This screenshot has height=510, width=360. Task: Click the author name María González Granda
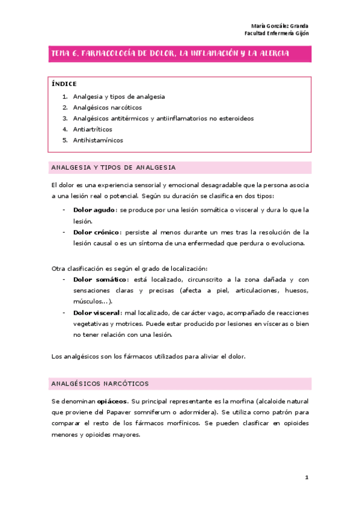pos(279,26)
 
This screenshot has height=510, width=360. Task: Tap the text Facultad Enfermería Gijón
pos(278,34)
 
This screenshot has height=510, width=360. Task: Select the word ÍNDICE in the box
pos(64,84)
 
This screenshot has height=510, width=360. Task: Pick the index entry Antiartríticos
pos(93,129)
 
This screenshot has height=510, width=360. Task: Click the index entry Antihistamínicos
pos(98,140)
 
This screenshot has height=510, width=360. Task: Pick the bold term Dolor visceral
pos(97,312)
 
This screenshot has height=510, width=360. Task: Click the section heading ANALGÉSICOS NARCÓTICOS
pos(100,383)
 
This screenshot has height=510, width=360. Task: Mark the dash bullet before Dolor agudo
pos(64,210)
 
